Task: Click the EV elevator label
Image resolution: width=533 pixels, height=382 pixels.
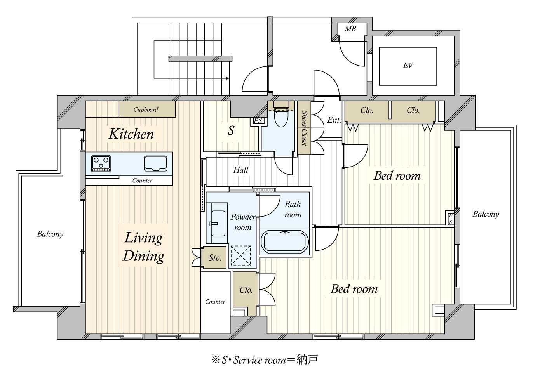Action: pyautogui.click(x=408, y=65)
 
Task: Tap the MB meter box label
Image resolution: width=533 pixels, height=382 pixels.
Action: pyautogui.click(x=350, y=29)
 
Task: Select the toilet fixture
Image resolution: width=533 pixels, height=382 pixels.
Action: pyautogui.click(x=281, y=115)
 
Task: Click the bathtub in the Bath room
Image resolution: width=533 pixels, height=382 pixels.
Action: pyautogui.click(x=285, y=241)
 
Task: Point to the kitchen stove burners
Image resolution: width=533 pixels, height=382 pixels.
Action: pyautogui.click(x=101, y=163)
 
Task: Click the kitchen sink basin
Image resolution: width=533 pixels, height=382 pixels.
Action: pyautogui.click(x=156, y=163)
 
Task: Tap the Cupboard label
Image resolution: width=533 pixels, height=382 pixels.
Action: pyautogui.click(x=146, y=109)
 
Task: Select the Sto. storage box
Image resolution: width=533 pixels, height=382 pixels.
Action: pyautogui.click(x=214, y=258)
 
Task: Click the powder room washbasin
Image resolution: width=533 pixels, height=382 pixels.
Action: pyautogui.click(x=218, y=223)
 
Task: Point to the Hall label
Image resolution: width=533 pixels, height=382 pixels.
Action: pyautogui.click(x=240, y=170)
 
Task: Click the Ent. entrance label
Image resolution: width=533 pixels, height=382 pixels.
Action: pyautogui.click(x=334, y=120)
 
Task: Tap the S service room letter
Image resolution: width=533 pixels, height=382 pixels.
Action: pyautogui.click(x=231, y=130)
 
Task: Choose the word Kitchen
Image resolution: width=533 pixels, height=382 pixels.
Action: pyautogui.click(x=131, y=134)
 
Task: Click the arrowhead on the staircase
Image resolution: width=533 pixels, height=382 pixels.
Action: pyautogui.click(x=228, y=78)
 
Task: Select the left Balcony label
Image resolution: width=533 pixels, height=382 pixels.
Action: pyautogui.click(x=50, y=234)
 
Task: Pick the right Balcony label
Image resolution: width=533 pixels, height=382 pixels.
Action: pyautogui.click(x=486, y=214)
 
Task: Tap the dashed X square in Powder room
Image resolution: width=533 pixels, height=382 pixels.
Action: pyautogui.click(x=240, y=255)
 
